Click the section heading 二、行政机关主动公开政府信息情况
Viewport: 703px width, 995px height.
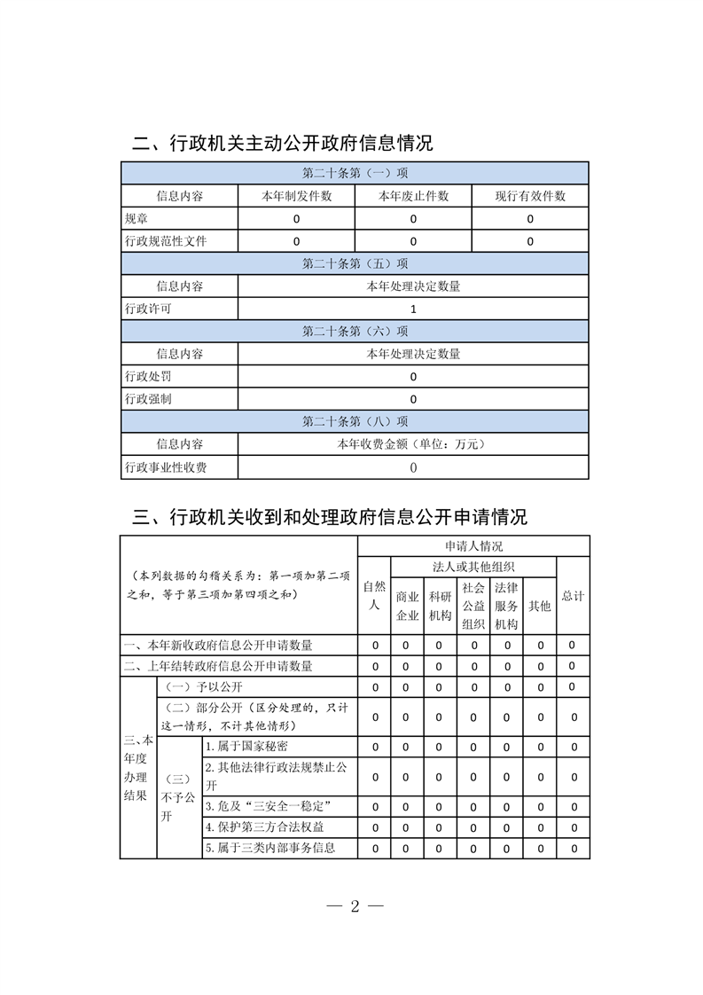coord(282,143)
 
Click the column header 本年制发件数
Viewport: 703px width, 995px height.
coord(296,196)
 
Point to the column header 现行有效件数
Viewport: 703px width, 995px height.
coord(530,196)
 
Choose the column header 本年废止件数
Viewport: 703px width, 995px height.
coord(413,196)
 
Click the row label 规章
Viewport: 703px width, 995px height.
coord(137,218)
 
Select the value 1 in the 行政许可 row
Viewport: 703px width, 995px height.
coord(413,309)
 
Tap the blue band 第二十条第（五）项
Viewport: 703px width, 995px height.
coord(355,263)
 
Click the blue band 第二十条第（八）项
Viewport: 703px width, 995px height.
coord(355,421)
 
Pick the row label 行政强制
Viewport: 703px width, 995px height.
coord(148,399)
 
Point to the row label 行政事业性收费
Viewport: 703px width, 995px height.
coord(166,467)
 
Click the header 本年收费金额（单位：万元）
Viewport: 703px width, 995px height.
coord(413,444)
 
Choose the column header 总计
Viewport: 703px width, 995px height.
coord(573,596)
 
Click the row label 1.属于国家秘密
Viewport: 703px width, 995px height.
coord(246,747)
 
